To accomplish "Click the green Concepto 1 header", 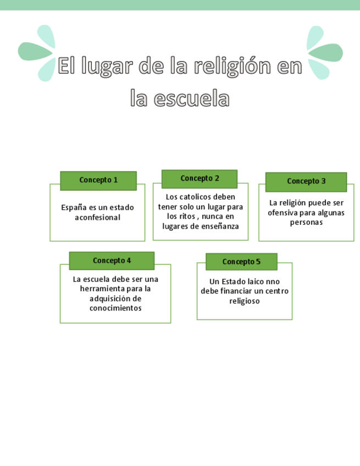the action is pyautogui.click(x=98, y=180).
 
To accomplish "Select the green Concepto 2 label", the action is pyautogui.click(x=200, y=179).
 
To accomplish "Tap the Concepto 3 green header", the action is pyautogui.click(x=306, y=181).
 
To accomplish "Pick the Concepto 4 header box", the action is pyautogui.click(x=112, y=260).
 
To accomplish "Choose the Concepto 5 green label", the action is pyautogui.click(x=241, y=262).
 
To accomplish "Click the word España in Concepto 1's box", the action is pyautogui.click(x=73, y=208).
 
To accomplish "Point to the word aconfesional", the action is pyautogui.click(x=97, y=218).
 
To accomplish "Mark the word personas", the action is pyautogui.click(x=306, y=223).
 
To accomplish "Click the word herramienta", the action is pyautogui.click(x=103, y=289).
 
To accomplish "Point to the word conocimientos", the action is pyautogui.click(x=115, y=308).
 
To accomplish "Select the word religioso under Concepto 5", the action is pyautogui.click(x=245, y=301).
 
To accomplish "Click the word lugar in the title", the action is pyautogui.click(x=107, y=67).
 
